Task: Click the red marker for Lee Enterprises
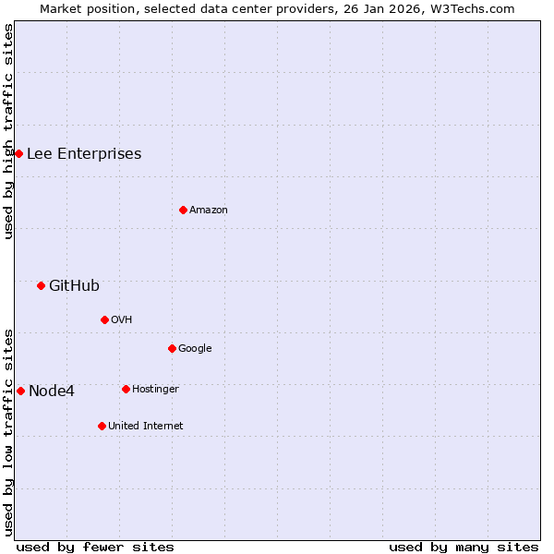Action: (18, 153)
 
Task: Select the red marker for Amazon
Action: (183, 210)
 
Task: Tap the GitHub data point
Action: (41, 285)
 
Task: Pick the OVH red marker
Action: (104, 319)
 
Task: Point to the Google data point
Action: (172, 348)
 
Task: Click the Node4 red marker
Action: (20, 391)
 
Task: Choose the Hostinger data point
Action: (126, 389)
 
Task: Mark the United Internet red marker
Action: (102, 426)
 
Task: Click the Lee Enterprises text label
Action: (84, 153)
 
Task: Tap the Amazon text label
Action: (209, 210)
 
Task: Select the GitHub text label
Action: (74, 285)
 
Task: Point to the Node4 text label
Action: (52, 391)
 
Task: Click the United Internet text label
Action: (146, 426)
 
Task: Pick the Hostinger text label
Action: (155, 389)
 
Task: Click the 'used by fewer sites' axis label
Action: (95, 547)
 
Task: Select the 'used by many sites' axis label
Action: (464, 547)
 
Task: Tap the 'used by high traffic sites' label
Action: (8, 131)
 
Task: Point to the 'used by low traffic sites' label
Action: (8, 431)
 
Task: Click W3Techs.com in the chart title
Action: (476, 8)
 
